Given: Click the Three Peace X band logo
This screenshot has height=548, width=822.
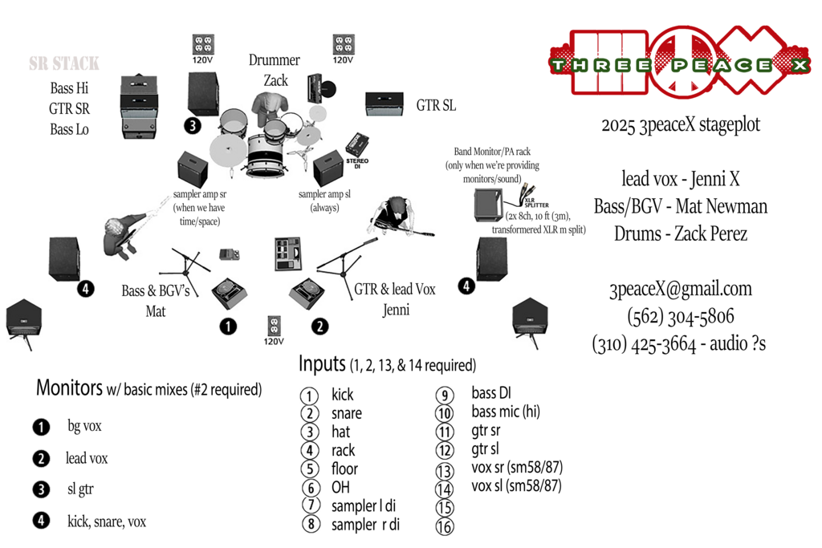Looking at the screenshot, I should (x=680, y=63).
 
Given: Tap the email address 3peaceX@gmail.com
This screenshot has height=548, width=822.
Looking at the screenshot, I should (x=680, y=290).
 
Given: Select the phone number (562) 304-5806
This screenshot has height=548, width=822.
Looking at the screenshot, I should (x=680, y=316).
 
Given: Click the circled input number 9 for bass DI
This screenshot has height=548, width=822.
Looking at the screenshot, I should (x=444, y=395).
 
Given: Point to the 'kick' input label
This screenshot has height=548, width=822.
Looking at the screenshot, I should (x=343, y=395).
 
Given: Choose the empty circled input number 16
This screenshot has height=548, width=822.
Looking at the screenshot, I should (x=444, y=526).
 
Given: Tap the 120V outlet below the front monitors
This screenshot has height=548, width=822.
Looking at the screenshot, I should (x=275, y=326).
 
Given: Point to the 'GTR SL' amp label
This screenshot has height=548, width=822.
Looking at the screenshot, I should (x=436, y=105).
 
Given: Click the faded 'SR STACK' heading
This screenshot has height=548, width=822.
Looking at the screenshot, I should (x=64, y=63).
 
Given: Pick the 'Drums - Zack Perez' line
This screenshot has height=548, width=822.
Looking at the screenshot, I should (x=680, y=234).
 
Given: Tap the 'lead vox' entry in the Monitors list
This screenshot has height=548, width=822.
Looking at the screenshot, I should (x=87, y=459).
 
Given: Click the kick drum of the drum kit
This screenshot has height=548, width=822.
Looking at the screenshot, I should (x=265, y=153).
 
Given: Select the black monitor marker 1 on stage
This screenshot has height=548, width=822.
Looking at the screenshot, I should (x=229, y=326).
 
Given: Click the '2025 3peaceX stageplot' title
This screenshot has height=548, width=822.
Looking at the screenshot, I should (x=680, y=126).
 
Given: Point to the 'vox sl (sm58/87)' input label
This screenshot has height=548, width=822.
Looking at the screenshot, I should (x=516, y=486).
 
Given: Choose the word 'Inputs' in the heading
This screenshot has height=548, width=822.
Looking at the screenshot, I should (x=322, y=363).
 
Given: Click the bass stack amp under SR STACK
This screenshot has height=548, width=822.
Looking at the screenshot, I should (x=143, y=103).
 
